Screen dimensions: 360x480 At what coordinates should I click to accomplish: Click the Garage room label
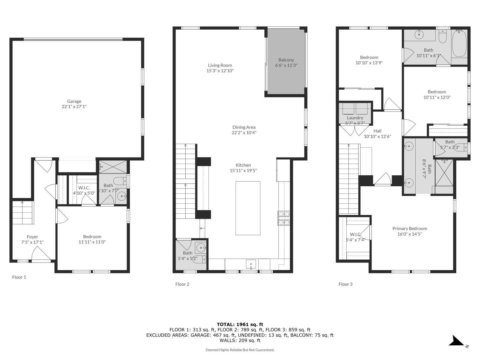point(74,101)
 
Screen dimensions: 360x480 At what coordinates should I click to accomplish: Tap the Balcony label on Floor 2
point(286,60)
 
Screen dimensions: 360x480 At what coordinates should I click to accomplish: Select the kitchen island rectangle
point(248,208)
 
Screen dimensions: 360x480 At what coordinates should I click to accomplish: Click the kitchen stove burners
point(284,218)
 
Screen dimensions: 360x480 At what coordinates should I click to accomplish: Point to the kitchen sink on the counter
point(251,264)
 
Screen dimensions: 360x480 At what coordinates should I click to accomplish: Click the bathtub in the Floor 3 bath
point(459,44)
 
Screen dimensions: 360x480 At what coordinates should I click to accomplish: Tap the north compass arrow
point(456,341)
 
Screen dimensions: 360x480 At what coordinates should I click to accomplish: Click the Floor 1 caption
point(19,277)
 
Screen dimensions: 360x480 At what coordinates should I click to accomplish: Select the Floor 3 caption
point(345,284)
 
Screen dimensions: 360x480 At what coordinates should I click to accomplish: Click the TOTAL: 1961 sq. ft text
point(240,324)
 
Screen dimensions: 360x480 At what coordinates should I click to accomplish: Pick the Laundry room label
point(355,118)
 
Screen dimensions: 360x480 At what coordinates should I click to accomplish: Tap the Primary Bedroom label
point(409,228)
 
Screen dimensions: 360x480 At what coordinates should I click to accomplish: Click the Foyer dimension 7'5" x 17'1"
point(32,242)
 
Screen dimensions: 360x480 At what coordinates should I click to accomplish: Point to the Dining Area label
point(244,127)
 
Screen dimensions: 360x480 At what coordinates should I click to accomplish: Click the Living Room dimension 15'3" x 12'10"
point(220,71)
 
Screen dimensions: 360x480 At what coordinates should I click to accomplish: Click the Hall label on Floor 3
point(377,131)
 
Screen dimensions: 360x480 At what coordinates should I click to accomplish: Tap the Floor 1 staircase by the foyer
point(23,212)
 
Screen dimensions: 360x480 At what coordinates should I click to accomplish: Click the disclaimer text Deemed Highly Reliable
point(240,350)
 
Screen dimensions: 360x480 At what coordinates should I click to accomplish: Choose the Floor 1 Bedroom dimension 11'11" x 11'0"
point(92,242)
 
